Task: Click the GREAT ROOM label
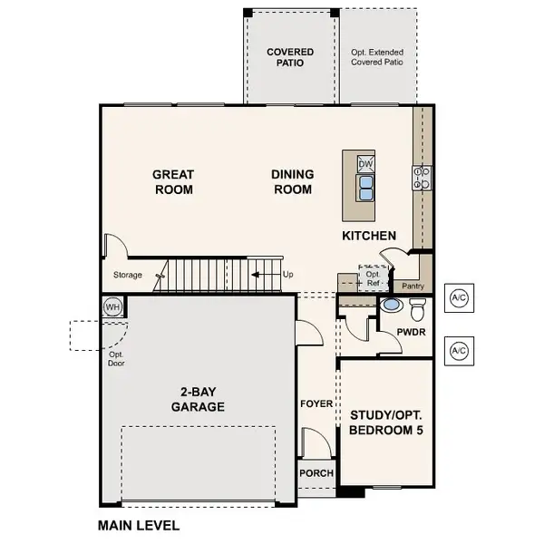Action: (x=172, y=182)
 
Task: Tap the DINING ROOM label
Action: (x=292, y=182)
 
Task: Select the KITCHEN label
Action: (x=368, y=236)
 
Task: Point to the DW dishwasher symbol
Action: (x=365, y=164)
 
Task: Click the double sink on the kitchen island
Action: (x=365, y=187)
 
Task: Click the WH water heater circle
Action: (x=113, y=306)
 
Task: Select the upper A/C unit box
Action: (x=459, y=299)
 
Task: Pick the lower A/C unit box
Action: (x=459, y=350)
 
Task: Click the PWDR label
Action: (x=412, y=333)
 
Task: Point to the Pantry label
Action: (x=413, y=287)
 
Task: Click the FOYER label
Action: (x=316, y=403)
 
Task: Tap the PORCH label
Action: (x=316, y=473)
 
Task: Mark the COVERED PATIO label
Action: (x=291, y=58)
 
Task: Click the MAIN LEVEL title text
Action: (x=138, y=525)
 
